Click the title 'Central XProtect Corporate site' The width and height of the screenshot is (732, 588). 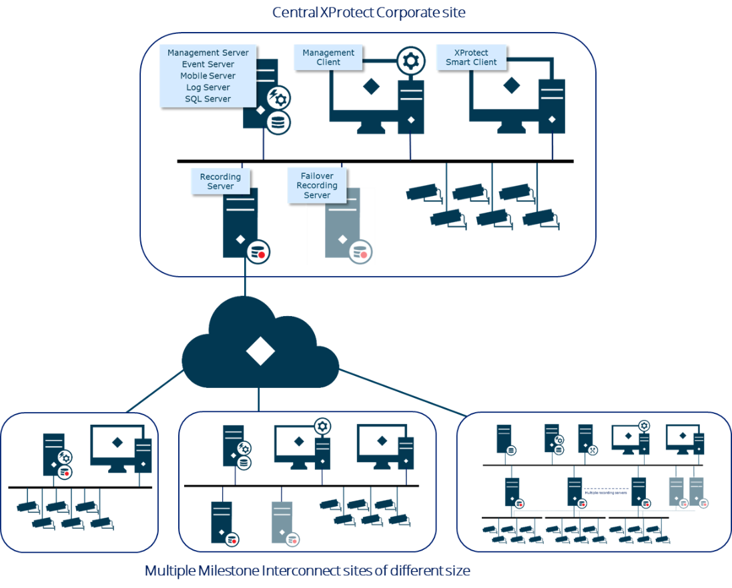[x=368, y=12]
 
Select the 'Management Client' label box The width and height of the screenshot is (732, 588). [x=328, y=57]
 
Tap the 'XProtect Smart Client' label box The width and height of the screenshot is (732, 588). [x=471, y=57]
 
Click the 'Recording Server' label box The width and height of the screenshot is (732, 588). [x=220, y=181]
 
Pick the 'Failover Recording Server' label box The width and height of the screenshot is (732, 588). [x=317, y=185]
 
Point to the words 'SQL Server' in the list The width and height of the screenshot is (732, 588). [x=208, y=99]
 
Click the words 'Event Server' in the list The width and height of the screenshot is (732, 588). [x=208, y=65]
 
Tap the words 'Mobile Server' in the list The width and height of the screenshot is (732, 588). [x=208, y=76]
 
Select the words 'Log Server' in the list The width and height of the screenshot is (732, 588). [x=208, y=87]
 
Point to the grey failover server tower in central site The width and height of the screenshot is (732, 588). [x=342, y=223]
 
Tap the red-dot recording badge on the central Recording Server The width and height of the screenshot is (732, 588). [x=259, y=253]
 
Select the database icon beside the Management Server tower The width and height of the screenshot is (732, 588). [x=278, y=123]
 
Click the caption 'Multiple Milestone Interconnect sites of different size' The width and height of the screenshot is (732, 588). [x=308, y=571]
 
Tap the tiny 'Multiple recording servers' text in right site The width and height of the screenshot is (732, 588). [x=605, y=493]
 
